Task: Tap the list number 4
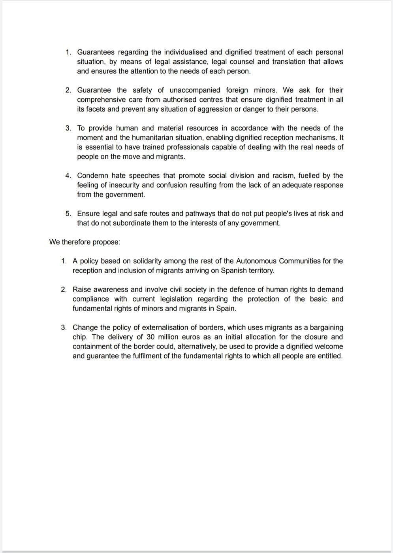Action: point(68,176)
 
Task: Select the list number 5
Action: point(68,214)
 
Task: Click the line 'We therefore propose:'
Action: point(85,242)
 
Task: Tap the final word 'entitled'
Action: point(330,356)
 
